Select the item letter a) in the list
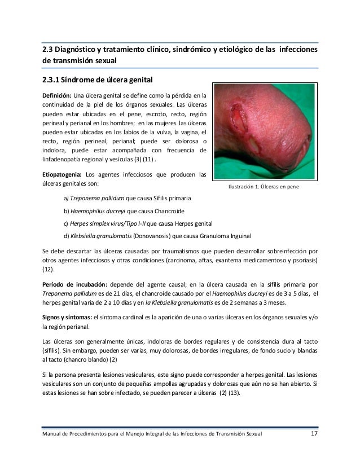pos(65,199)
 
